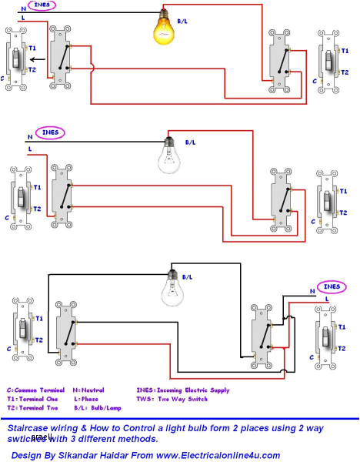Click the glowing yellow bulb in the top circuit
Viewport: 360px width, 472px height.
coord(163,29)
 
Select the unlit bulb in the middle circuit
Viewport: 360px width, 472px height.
coord(168,157)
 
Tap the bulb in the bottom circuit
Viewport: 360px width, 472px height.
coord(174,288)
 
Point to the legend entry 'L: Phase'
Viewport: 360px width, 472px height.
coord(85,400)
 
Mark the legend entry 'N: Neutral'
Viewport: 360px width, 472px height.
coord(88,390)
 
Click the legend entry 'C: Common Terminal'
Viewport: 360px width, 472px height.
coord(35,390)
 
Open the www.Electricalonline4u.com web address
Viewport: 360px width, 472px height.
coord(220,456)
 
